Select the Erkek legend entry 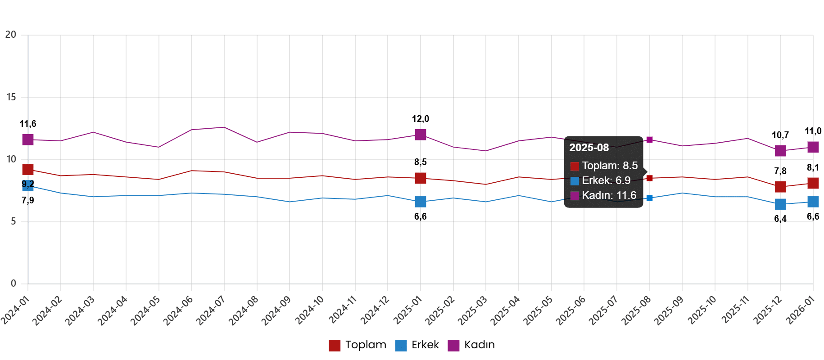tap(417, 345)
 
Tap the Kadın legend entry tap(471, 345)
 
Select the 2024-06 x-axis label tap(178, 310)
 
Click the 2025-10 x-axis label tap(702, 310)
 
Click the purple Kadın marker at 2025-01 tap(421, 135)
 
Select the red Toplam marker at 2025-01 tap(421, 178)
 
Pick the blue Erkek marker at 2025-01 tap(421, 202)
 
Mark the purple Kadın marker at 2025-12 tap(780, 151)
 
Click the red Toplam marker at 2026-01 tap(813, 183)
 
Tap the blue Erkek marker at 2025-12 tap(780, 204)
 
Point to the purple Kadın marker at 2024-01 tap(28, 140)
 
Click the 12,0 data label tap(421, 119)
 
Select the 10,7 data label tap(780, 135)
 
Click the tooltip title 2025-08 tap(589, 148)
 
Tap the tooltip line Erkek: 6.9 tap(606, 180)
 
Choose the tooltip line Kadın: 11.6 tap(609, 195)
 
